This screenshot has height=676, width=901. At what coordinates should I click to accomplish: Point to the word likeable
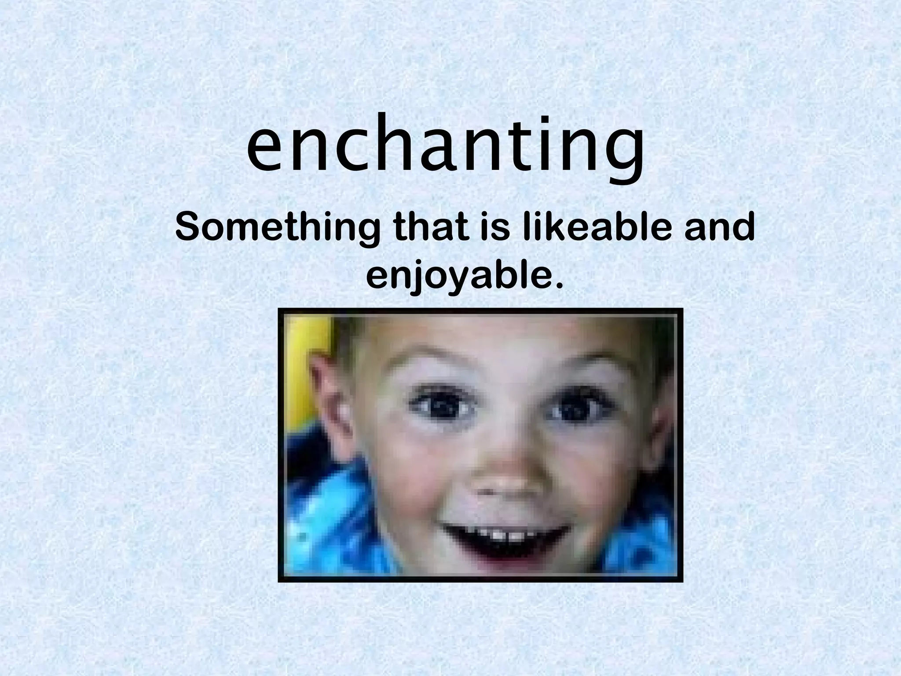tap(597, 228)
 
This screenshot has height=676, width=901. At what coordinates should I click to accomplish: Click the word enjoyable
tap(458, 277)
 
